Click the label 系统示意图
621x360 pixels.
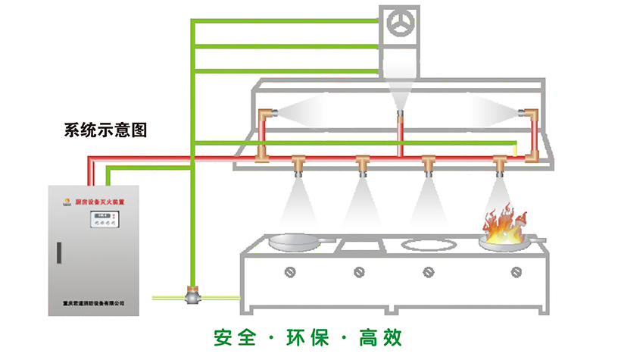[105, 130]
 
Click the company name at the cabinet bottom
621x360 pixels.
[94, 303]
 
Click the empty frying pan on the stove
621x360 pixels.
[297, 242]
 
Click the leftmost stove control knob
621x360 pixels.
[288, 271]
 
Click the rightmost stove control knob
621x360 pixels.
[516, 271]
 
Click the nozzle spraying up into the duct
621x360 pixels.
[398, 115]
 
